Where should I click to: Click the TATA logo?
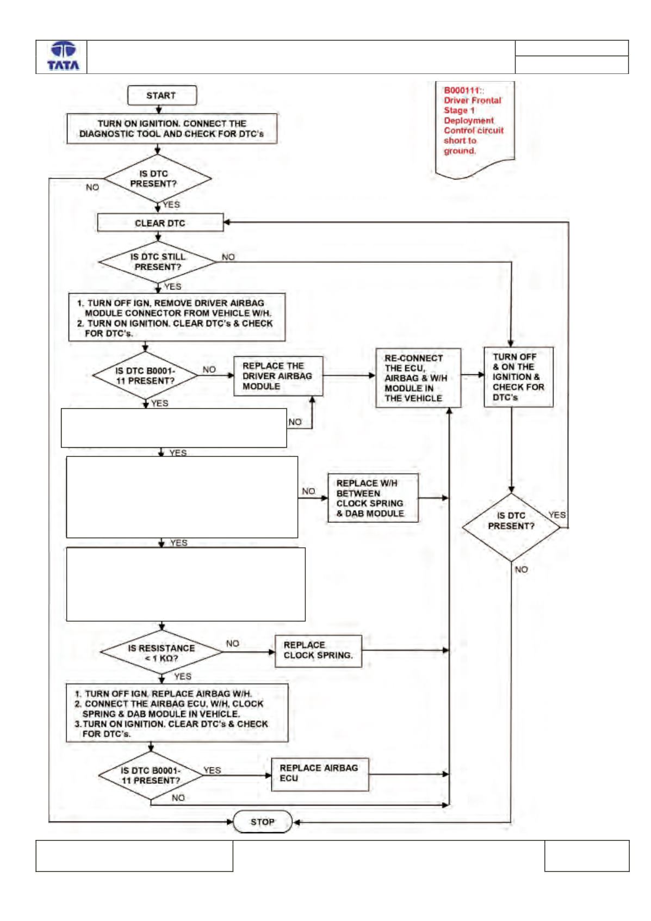coord(63,56)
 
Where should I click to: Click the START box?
coord(162,95)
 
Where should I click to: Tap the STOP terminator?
coord(263,821)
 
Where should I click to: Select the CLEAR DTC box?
coord(160,223)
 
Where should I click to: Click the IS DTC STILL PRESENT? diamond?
coord(157,262)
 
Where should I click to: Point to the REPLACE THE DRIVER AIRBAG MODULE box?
coord(278,376)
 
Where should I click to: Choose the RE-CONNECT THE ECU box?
coord(418,378)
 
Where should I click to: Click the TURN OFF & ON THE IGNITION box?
coord(518,377)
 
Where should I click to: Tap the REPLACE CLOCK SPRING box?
coord(318,651)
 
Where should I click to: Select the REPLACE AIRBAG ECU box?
coord(320,774)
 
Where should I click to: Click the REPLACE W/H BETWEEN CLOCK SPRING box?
coord(373,498)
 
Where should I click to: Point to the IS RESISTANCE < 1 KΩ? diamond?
coord(161,652)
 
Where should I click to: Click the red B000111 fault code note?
coord(475,129)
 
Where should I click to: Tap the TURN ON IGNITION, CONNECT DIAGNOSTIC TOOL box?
coord(172,129)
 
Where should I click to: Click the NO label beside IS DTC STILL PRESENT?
coord(228,257)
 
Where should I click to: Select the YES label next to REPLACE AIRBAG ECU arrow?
coord(212,770)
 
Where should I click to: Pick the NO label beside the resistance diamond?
coord(232,644)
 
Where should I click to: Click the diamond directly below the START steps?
coord(157,179)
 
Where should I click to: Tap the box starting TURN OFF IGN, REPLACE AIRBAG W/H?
coord(177,713)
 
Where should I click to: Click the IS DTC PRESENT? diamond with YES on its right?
coord(511,528)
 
